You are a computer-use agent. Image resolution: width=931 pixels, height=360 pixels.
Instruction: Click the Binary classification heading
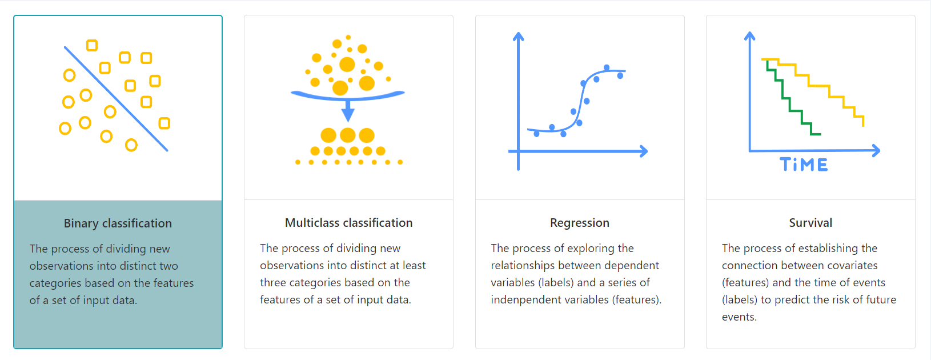click(x=118, y=223)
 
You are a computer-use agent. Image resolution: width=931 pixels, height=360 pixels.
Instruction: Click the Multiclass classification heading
click(x=349, y=223)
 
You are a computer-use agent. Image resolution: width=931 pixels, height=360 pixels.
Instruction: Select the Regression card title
click(x=580, y=223)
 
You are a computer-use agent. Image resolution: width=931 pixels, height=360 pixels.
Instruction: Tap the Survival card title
click(x=810, y=223)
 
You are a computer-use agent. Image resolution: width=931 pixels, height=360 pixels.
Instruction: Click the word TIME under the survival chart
click(x=804, y=165)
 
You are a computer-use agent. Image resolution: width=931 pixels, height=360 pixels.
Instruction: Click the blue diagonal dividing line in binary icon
click(x=116, y=99)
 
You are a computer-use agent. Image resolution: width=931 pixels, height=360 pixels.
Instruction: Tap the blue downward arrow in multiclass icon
click(x=348, y=110)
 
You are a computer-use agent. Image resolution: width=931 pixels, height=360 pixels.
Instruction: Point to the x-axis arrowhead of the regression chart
click(x=643, y=151)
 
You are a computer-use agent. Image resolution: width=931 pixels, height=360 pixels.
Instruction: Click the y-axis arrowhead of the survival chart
click(x=749, y=36)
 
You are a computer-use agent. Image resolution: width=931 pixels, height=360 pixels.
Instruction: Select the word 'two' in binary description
click(x=168, y=266)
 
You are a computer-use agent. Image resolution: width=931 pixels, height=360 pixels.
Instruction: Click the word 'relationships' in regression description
click(x=523, y=266)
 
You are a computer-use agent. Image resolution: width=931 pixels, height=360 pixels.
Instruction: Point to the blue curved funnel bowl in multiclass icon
click(x=347, y=95)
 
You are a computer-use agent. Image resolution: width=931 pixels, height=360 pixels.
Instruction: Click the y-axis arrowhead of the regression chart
click(x=518, y=36)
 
